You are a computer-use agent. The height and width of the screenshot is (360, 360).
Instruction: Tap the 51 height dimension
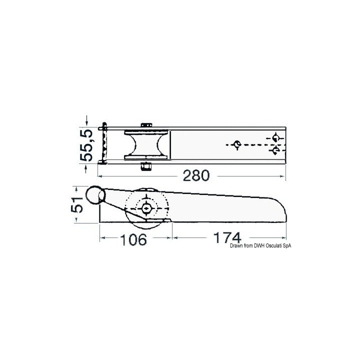(77, 205)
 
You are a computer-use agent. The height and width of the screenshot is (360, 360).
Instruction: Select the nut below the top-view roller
(146, 166)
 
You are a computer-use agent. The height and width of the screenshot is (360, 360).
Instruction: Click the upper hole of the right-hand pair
(274, 137)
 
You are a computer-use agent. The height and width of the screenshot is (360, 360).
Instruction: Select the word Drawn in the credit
(236, 245)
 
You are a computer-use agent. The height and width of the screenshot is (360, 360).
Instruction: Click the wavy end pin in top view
(103, 143)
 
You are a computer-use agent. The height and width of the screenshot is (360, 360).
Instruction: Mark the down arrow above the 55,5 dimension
(88, 120)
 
